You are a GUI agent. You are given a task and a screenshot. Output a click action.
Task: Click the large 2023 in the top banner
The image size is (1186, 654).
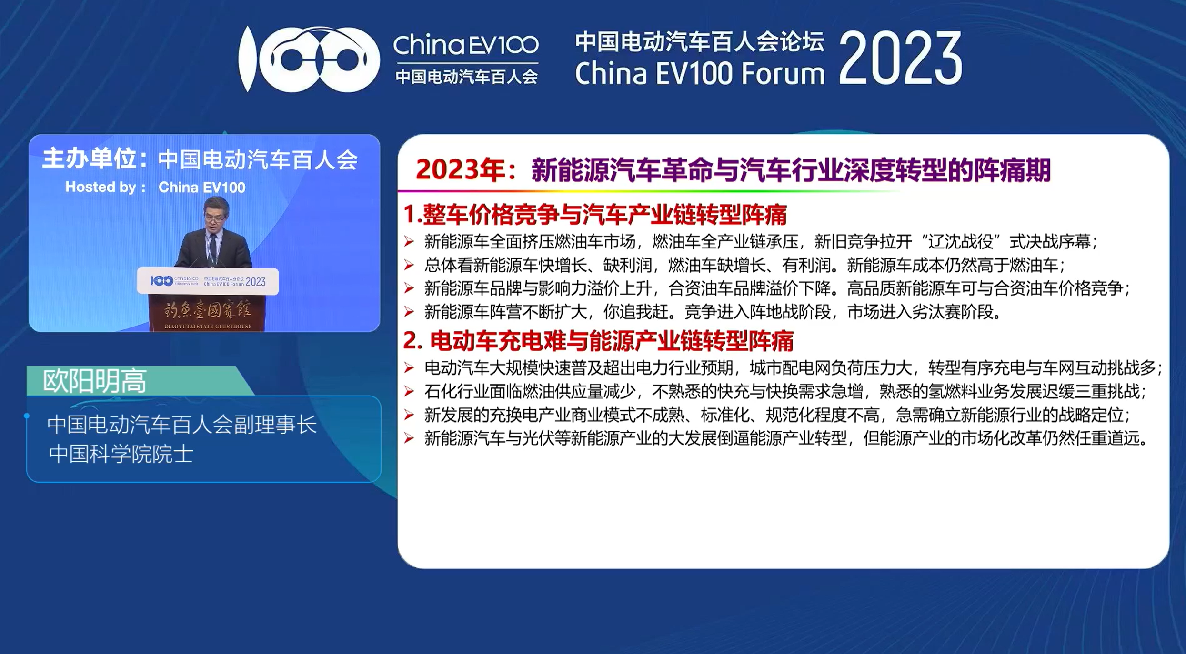point(900,59)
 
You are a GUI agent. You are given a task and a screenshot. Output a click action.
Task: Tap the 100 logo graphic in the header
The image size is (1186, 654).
point(309,59)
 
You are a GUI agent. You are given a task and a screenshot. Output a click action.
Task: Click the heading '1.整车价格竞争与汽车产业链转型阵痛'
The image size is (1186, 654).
point(595,214)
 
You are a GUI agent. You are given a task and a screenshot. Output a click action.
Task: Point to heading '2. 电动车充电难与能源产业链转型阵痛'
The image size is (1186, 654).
point(598,341)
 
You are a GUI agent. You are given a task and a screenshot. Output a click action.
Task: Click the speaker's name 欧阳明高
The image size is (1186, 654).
point(94,381)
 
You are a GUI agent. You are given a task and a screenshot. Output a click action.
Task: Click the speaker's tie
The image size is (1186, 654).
point(213,250)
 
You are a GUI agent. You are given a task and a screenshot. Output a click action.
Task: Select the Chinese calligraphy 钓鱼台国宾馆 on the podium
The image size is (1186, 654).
point(207,311)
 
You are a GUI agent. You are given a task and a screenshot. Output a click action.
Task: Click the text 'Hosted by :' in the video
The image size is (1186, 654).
point(105,187)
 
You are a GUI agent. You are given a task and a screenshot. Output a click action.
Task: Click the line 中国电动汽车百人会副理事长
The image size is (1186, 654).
point(182,424)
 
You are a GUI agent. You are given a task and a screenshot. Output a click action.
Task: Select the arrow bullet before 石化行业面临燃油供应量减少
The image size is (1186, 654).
point(409,391)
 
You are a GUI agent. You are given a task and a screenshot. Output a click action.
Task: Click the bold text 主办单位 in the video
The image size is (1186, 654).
point(89,159)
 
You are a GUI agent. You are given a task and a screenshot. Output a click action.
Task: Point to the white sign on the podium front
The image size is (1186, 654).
point(208,281)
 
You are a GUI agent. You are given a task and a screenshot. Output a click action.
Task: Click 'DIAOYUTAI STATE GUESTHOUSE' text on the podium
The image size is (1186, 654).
point(208,327)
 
